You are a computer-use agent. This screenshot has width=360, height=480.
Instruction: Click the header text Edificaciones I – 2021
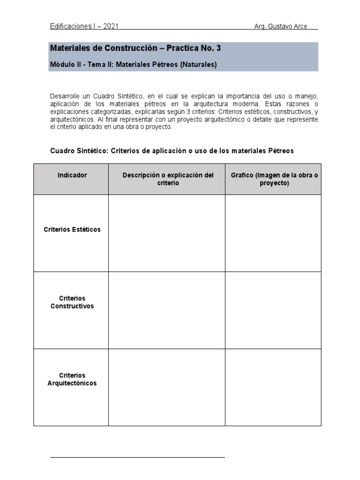coord(84,26)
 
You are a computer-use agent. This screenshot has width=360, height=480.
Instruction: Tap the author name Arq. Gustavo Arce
coord(280,26)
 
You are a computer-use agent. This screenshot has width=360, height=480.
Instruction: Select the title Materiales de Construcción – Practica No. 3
coord(135,48)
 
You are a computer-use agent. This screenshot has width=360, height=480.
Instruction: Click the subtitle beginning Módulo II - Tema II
coord(133,65)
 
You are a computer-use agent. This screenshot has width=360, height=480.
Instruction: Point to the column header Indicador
coord(72,175)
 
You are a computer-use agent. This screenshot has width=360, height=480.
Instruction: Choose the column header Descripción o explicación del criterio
coord(168,179)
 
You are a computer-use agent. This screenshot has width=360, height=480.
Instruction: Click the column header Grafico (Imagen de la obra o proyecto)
coord(274,179)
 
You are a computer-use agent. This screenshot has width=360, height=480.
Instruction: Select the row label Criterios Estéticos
coord(72,230)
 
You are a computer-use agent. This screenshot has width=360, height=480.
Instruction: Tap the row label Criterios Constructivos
coord(72,302)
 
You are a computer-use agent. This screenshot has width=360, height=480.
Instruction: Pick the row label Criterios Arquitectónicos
coord(72,379)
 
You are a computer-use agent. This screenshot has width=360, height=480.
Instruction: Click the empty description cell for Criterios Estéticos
coord(167,233)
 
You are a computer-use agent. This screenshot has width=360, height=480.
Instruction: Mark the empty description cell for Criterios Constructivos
coord(167,310)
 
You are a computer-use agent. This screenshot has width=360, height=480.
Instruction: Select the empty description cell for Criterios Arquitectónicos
coord(167,387)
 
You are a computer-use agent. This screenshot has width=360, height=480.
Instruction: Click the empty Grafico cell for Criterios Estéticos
coord(273,233)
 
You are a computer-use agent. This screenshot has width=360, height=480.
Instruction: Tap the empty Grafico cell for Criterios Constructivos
coord(273,310)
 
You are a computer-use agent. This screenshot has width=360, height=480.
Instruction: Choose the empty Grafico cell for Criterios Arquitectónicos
coord(273,387)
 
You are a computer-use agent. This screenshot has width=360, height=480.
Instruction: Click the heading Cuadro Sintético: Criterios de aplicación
coord(172,150)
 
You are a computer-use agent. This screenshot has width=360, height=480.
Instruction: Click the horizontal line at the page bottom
coord(137,457)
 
